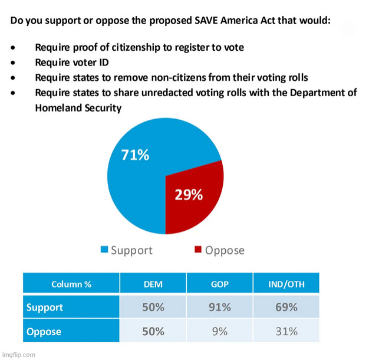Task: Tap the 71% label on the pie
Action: (135, 155)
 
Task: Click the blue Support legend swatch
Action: (104, 250)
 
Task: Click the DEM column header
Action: (153, 284)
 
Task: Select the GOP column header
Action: (219, 284)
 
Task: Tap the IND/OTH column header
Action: (286, 284)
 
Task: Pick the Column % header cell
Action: (71, 284)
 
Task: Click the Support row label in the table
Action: (45, 307)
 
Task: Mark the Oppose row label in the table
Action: (44, 332)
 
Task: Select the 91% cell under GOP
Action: (219, 307)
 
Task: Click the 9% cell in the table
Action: (219, 332)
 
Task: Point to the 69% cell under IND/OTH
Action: (286, 307)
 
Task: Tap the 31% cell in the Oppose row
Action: (286, 332)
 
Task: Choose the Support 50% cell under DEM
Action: (153, 307)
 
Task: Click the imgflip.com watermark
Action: (18, 355)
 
